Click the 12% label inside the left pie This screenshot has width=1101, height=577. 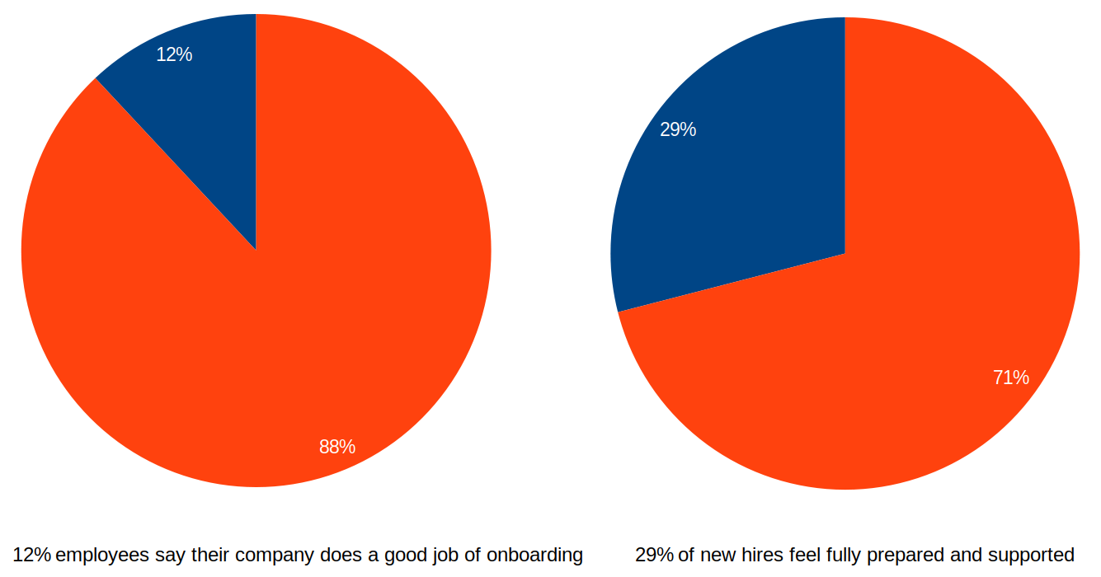tap(174, 55)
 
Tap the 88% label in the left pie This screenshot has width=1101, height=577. tap(337, 447)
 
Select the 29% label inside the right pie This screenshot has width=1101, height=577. tap(678, 129)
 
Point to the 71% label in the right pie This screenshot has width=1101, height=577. tap(1011, 378)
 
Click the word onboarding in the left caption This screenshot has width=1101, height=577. tap(534, 555)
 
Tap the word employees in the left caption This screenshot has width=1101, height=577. tap(102, 555)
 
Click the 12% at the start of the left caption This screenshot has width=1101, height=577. tap(31, 555)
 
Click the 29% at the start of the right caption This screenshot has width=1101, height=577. tap(654, 555)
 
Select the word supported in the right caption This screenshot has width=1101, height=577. tap(1031, 555)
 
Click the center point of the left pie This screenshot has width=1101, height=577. tap(256, 251)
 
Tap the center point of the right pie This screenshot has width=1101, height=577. tap(845, 253)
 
